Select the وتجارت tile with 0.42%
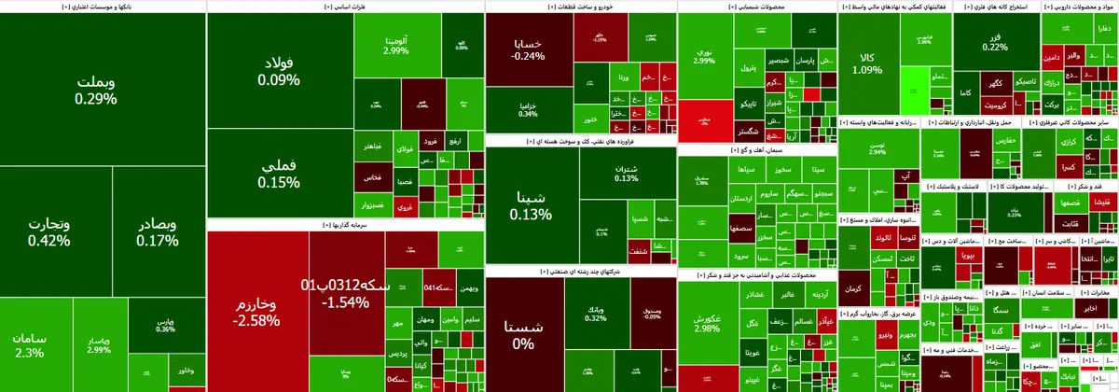pos(48,232)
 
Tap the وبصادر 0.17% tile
pos(157,232)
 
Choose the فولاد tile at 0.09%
pos(279,72)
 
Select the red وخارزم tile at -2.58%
pos(256,312)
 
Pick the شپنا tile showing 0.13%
pos(530,205)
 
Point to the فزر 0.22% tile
pos(995,41)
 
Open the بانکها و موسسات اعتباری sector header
pos(102,6)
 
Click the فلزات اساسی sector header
pos(345,6)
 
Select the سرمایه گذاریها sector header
pos(345,225)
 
